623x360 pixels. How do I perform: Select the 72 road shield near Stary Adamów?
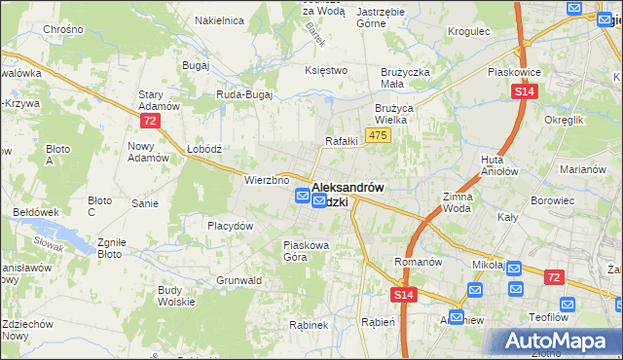pos(149,121)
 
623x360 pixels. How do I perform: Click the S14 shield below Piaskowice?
pos(524,91)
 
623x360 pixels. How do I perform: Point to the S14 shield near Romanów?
pos(406,295)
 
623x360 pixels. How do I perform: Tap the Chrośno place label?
pos(62,30)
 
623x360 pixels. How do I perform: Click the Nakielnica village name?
pos(217,19)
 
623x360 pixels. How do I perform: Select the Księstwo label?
pos(326,70)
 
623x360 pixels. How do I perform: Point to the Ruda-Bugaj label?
pos(243,94)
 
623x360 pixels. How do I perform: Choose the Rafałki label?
pos(342,141)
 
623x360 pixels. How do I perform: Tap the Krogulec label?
pos(468,31)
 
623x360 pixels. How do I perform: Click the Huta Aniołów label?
pos(497,165)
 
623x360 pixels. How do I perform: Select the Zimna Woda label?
pos(458,202)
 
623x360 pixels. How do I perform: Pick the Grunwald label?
pos(239,280)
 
